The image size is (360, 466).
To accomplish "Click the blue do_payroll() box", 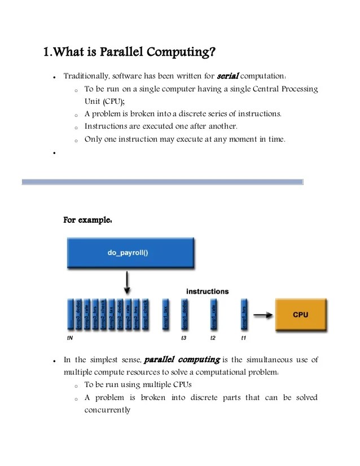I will click(x=128, y=253).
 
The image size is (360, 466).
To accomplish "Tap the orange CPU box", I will click(x=300, y=315).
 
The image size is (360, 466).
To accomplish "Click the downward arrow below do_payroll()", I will click(x=128, y=282).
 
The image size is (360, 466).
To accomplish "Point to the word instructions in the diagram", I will click(x=208, y=292).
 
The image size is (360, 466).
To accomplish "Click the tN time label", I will click(x=69, y=338).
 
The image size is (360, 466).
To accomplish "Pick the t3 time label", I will click(x=183, y=338).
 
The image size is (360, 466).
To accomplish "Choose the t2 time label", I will click(x=213, y=338).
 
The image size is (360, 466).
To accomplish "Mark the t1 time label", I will click(x=243, y=338).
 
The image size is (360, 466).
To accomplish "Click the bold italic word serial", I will click(x=228, y=76).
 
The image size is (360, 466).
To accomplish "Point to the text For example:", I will click(x=87, y=219).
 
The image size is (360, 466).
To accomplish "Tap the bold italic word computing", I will click(x=198, y=359).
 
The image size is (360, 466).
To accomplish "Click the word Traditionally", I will click(x=86, y=76).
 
